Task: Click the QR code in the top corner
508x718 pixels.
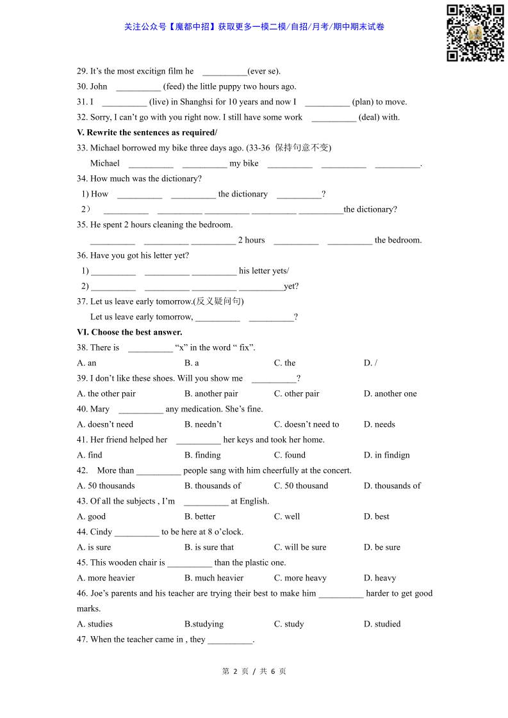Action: (x=475, y=33)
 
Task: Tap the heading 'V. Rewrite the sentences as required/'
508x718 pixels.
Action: (x=147, y=132)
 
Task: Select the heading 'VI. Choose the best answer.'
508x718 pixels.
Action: (x=129, y=332)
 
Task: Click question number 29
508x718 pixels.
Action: (x=82, y=71)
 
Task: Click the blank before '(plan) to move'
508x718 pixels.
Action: (x=327, y=102)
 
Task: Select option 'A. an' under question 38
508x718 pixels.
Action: (x=86, y=363)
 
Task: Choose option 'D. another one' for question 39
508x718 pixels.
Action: (x=390, y=394)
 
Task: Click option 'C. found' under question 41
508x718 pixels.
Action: (x=290, y=455)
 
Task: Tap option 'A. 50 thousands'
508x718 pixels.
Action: (x=106, y=486)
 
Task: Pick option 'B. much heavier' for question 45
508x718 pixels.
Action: (x=214, y=578)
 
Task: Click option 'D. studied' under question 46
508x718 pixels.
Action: (x=382, y=624)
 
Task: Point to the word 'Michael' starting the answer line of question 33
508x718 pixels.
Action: (x=105, y=163)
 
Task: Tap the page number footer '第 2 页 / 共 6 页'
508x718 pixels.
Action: (x=254, y=671)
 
